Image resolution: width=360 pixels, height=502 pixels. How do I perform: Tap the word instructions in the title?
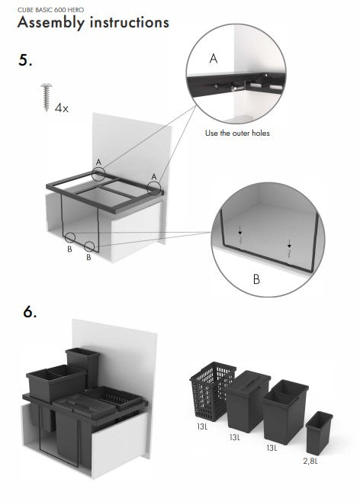coord(128,22)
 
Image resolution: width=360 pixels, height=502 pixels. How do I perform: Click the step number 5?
coord(25,61)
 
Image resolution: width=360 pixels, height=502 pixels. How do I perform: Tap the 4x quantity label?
coord(62,108)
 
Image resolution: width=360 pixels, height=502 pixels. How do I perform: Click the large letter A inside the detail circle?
coord(214,57)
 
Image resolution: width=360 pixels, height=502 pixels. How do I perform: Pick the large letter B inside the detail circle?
coord(256,279)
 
